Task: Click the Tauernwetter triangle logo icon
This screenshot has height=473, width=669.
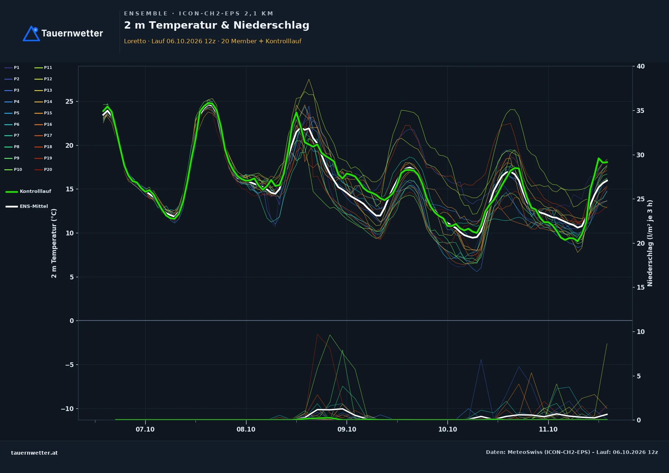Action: coord(31,33)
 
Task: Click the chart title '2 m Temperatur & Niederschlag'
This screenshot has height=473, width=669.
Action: coord(216,25)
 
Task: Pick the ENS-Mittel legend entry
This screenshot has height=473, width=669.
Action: coord(27,206)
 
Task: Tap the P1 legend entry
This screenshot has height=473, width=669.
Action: coord(12,67)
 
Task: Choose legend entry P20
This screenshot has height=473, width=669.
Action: coord(43,169)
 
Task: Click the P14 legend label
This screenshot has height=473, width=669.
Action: coord(43,102)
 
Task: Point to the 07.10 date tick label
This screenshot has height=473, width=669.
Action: coord(145,429)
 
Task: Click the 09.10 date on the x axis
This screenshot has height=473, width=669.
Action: coord(347,429)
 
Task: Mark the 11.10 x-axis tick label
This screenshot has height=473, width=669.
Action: coord(548,429)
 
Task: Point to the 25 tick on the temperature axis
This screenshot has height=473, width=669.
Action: coord(69,102)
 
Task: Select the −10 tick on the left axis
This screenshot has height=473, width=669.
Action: coord(67,409)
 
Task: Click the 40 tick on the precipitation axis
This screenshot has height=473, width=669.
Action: coord(641,66)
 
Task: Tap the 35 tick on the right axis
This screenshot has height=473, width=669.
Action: coord(641,111)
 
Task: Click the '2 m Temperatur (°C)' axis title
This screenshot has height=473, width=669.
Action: coord(54,243)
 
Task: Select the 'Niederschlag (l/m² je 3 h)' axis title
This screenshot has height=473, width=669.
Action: coord(650,243)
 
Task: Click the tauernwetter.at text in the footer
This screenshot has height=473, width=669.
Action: coord(34,453)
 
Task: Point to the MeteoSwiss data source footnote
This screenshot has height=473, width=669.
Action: coord(572,452)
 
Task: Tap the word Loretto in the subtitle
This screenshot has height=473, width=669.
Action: coord(135,41)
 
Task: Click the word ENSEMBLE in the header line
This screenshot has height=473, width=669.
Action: coord(146,14)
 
